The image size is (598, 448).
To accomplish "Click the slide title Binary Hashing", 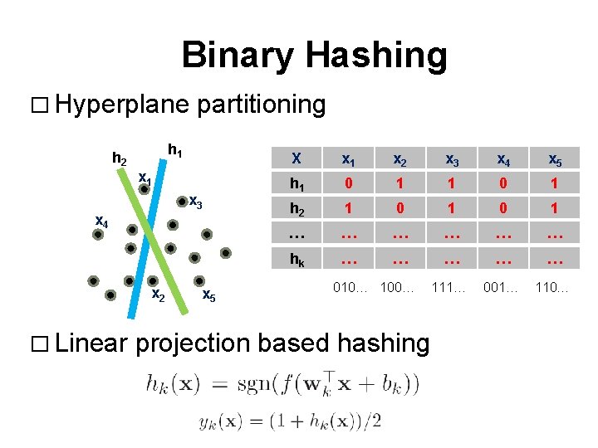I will point(314,56).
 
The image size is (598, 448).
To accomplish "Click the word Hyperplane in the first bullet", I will point(122,105).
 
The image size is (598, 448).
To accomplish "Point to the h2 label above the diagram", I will point(120,157).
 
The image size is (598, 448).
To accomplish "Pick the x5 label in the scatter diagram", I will point(209,296).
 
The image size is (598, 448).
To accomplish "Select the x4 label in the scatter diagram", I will point(101,221).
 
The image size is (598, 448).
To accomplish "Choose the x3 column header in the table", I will point(452,159).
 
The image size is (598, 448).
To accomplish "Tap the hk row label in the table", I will point(296,259).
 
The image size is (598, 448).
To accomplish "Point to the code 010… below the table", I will point(350,287).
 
